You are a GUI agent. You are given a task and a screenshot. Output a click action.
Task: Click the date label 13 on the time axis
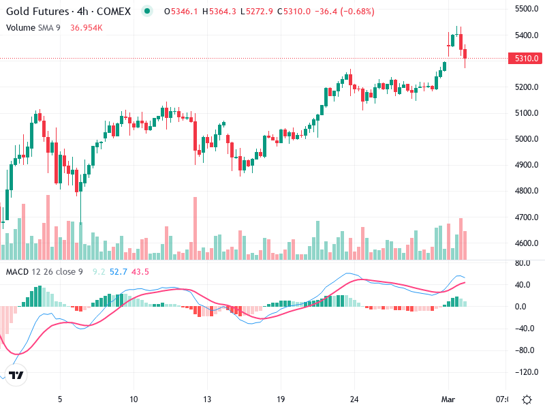(208, 399)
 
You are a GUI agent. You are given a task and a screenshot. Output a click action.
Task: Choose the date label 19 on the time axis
(281, 399)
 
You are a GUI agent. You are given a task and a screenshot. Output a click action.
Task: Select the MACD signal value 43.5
(141, 272)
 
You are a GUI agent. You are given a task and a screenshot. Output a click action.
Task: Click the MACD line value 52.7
(119, 272)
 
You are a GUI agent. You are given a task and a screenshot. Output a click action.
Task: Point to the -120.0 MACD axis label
(523, 373)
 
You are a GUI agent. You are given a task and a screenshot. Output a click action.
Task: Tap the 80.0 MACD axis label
(525, 262)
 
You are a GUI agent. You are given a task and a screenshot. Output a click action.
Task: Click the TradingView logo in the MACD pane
(17, 375)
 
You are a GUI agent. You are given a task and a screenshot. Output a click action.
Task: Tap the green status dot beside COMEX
(147, 12)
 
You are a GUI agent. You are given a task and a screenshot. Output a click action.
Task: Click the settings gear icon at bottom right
(527, 399)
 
